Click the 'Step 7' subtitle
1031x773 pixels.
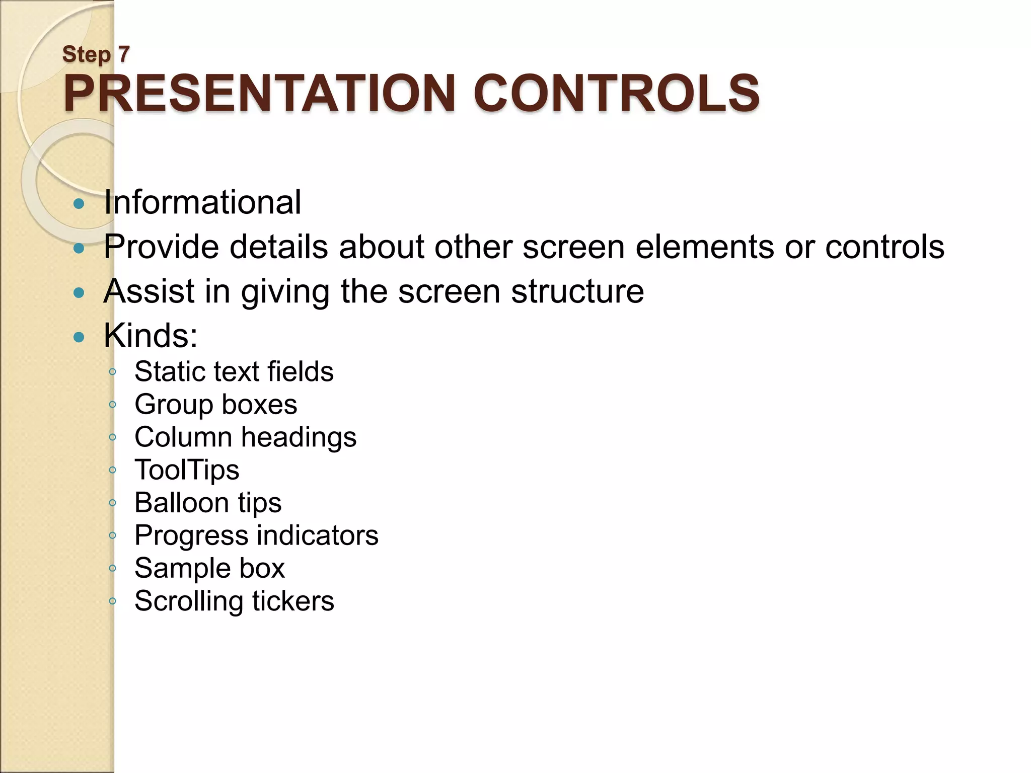(96, 54)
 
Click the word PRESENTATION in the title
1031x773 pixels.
(259, 94)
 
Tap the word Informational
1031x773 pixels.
(202, 202)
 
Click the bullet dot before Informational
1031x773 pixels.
(79, 204)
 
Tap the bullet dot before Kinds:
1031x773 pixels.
(79, 337)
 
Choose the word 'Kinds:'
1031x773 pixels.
(151, 335)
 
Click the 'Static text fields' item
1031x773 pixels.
(234, 371)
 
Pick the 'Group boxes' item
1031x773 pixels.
(215, 404)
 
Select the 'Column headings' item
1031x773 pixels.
(245, 437)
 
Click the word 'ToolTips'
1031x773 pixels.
(187, 470)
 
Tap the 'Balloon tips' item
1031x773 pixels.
(207, 503)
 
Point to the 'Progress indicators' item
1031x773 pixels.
(256, 535)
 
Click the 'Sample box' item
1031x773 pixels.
(209, 568)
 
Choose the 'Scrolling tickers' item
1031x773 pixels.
(234, 601)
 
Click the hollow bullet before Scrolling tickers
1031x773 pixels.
(113, 601)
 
